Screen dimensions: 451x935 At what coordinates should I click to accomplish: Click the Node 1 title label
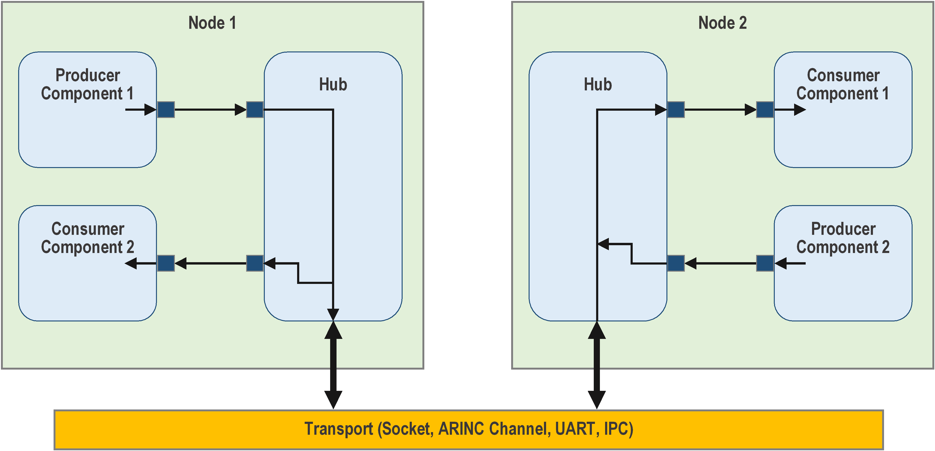coord(212,23)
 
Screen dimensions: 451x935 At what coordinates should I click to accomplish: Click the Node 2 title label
coord(722,23)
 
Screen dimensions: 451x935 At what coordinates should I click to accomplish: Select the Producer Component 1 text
coord(88,84)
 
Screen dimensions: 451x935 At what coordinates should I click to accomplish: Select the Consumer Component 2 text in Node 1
coord(88,238)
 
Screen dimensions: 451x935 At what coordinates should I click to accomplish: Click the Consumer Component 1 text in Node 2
coord(843,84)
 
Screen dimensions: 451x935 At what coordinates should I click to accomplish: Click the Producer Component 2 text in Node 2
coord(843,238)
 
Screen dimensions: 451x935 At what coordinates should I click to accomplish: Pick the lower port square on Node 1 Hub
coord(255,263)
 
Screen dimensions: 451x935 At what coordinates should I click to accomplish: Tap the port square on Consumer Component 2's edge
coord(166,263)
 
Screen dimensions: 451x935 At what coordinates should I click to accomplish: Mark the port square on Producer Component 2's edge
coord(765,263)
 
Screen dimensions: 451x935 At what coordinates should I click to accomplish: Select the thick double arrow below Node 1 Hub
coord(333,365)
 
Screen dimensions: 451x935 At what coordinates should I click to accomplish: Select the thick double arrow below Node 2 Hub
coord(597,365)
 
